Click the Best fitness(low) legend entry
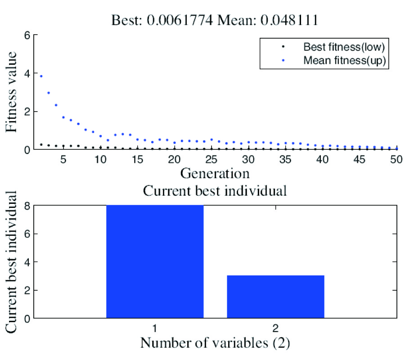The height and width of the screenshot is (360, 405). [x=345, y=46]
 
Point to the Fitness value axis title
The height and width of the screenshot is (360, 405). [x=12, y=92]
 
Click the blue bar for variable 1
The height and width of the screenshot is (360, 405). [x=155, y=261]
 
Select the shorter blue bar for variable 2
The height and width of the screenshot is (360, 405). [x=275, y=297]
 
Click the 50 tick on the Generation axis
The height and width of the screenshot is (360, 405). [x=396, y=160]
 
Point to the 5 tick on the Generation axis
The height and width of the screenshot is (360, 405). [x=63, y=160]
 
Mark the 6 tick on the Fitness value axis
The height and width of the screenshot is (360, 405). [x=26, y=35]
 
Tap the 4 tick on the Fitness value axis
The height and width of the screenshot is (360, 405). [x=26, y=73]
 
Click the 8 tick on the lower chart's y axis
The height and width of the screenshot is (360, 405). [x=26, y=206]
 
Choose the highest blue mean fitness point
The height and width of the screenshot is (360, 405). [x=41, y=76]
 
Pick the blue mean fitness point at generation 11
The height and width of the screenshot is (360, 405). [x=108, y=140]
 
